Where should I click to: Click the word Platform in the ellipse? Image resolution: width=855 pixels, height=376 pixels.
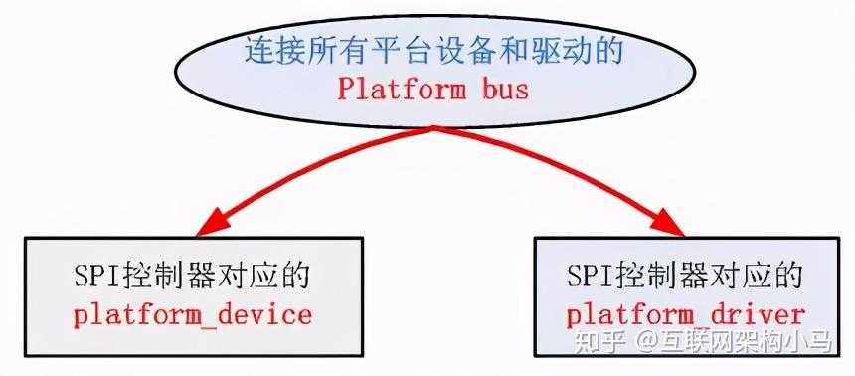coord(395,89)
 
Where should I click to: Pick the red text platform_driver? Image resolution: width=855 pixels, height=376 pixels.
coord(685,315)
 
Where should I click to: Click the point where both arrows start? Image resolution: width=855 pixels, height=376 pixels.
coord(434,130)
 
